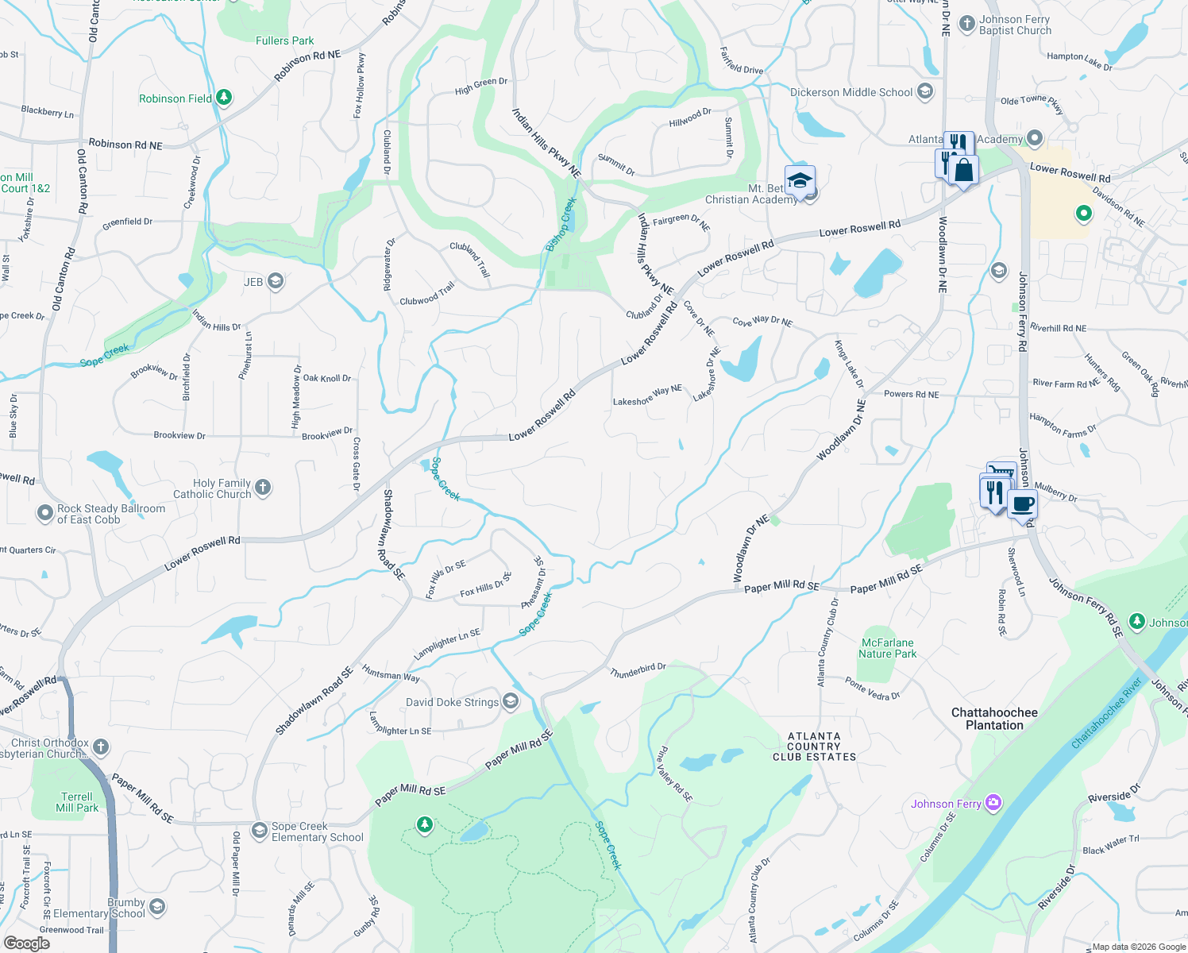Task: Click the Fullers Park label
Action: pos(284,41)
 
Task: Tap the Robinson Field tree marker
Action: pos(224,98)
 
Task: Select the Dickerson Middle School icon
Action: pos(924,91)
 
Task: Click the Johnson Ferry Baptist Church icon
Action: pos(966,23)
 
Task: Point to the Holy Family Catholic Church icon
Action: pos(263,487)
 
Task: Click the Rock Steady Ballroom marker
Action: pos(45,513)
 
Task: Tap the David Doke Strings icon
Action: pos(511,700)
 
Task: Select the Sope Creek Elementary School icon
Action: pos(259,831)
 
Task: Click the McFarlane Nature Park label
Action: pos(887,648)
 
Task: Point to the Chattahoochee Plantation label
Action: pos(994,719)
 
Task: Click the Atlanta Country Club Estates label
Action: pos(814,747)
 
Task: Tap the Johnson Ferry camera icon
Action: pos(993,803)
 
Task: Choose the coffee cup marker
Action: pos(1022,504)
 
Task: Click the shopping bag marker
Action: pos(963,170)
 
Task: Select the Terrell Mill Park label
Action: pos(77,802)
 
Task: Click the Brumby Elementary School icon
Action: pos(157,906)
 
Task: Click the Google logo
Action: pos(27,943)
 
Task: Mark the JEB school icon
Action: pos(275,281)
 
